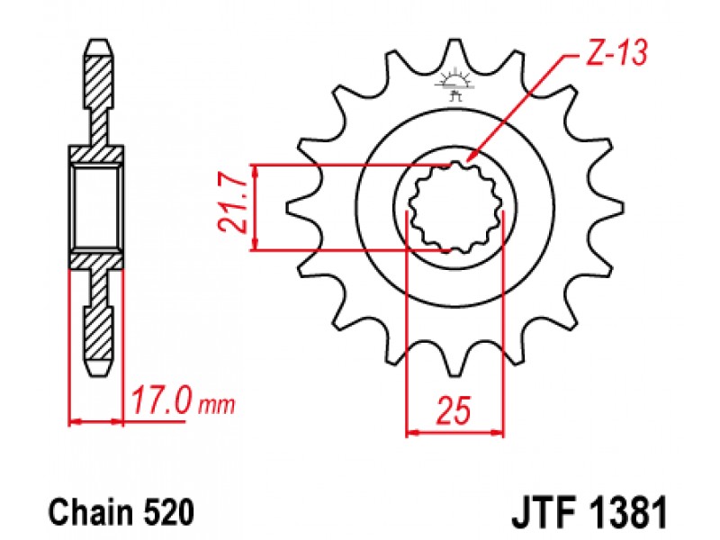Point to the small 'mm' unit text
click(216, 405)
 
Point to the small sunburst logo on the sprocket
click(454, 84)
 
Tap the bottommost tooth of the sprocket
click(454, 363)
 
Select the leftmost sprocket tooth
click(300, 208)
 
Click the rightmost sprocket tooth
click(610, 208)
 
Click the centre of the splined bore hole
click(455, 208)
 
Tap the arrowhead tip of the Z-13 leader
click(466, 162)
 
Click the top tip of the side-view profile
click(98, 40)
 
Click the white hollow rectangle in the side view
click(96, 208)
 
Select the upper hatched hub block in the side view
click(96, 153)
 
